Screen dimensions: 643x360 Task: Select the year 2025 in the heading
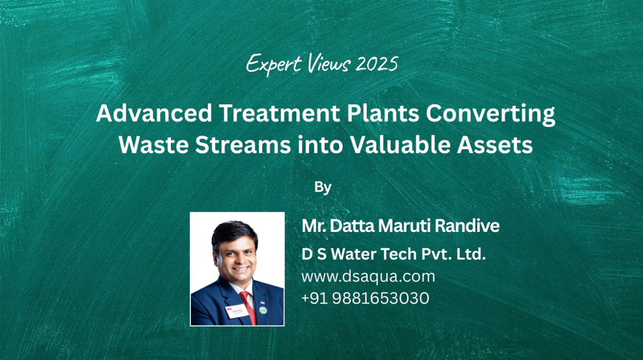377,64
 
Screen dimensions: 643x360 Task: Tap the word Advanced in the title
154,113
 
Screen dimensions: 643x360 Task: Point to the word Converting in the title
490,115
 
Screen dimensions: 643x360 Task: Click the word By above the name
323,188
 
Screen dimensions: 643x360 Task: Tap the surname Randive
467,226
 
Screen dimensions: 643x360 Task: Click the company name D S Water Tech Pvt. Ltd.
394,254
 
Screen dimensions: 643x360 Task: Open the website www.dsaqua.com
368,277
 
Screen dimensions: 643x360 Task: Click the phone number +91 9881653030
365,298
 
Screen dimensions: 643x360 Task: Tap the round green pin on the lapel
263,310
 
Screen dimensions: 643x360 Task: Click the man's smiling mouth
241,269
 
